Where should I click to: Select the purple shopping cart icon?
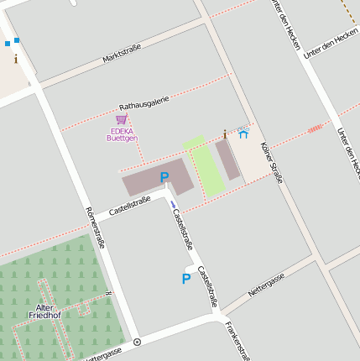pyautogui.click(x=121, y=120)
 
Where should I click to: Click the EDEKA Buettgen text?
pyautogui.click(x=122, y=134)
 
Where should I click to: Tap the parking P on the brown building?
pyautogui.click(x=164, y=177)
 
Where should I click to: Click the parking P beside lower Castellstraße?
pyautogui.click(x=186, y=279)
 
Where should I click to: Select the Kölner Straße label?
pyautogui.click(x=272, y=161)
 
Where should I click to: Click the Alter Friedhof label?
pyautogui.click(x=44, y=311)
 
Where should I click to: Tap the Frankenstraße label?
pyautogui.click(x=237, y=339)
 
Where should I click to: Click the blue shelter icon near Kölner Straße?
pyautogui.click(x=243, y=133)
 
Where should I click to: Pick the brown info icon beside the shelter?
pyautogui.click(x=225, y=133)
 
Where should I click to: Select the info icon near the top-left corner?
pyautogui.click(x=15, y=59)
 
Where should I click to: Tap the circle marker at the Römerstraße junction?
pyautogui.click(x=137, y=342)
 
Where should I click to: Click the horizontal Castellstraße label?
pyautogui.click(x=129, y=204)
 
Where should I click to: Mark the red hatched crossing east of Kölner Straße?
pyautogui.click(x=315, y=128)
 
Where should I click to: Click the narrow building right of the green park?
pyautogui.click(x=227, y=160)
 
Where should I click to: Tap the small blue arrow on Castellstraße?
pyautogui.click(x=173, y=204)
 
